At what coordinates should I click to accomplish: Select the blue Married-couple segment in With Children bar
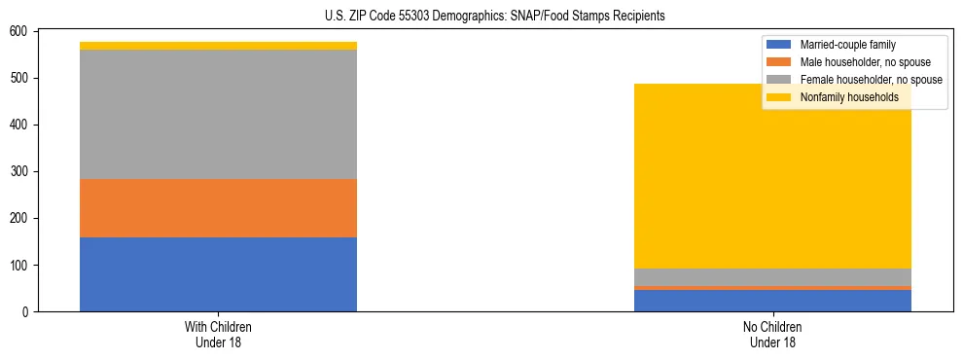click(x=218, y=274)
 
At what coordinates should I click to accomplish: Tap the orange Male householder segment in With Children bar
click(x=218, y=208)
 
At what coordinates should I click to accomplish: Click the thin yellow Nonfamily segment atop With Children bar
click(x=218, y=46)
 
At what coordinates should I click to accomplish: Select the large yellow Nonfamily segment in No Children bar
click(x=772, y=176)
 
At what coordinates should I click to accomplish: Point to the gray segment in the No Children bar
click(x=772, y=276)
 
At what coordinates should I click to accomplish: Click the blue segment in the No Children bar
click(x=772, y=301)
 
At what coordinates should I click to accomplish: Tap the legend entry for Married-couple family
click(x=847, y=45)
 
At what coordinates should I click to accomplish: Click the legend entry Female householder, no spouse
click(x=870, y=80)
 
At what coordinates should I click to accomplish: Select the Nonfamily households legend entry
click(x=849, y=97)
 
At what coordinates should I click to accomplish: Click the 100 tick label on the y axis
click(x=21, y=266)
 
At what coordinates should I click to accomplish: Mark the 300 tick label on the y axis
click(x=21, y=172)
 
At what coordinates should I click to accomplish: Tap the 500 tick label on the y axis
click(x=21, y=79)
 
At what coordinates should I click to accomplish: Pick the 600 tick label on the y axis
click(x=21, y=32)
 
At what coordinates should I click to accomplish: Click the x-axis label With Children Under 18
click(x=218, y=335)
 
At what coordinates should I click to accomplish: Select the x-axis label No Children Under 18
click(x=772, y=335)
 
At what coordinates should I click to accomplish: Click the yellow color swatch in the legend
click(x=779, y=97)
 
